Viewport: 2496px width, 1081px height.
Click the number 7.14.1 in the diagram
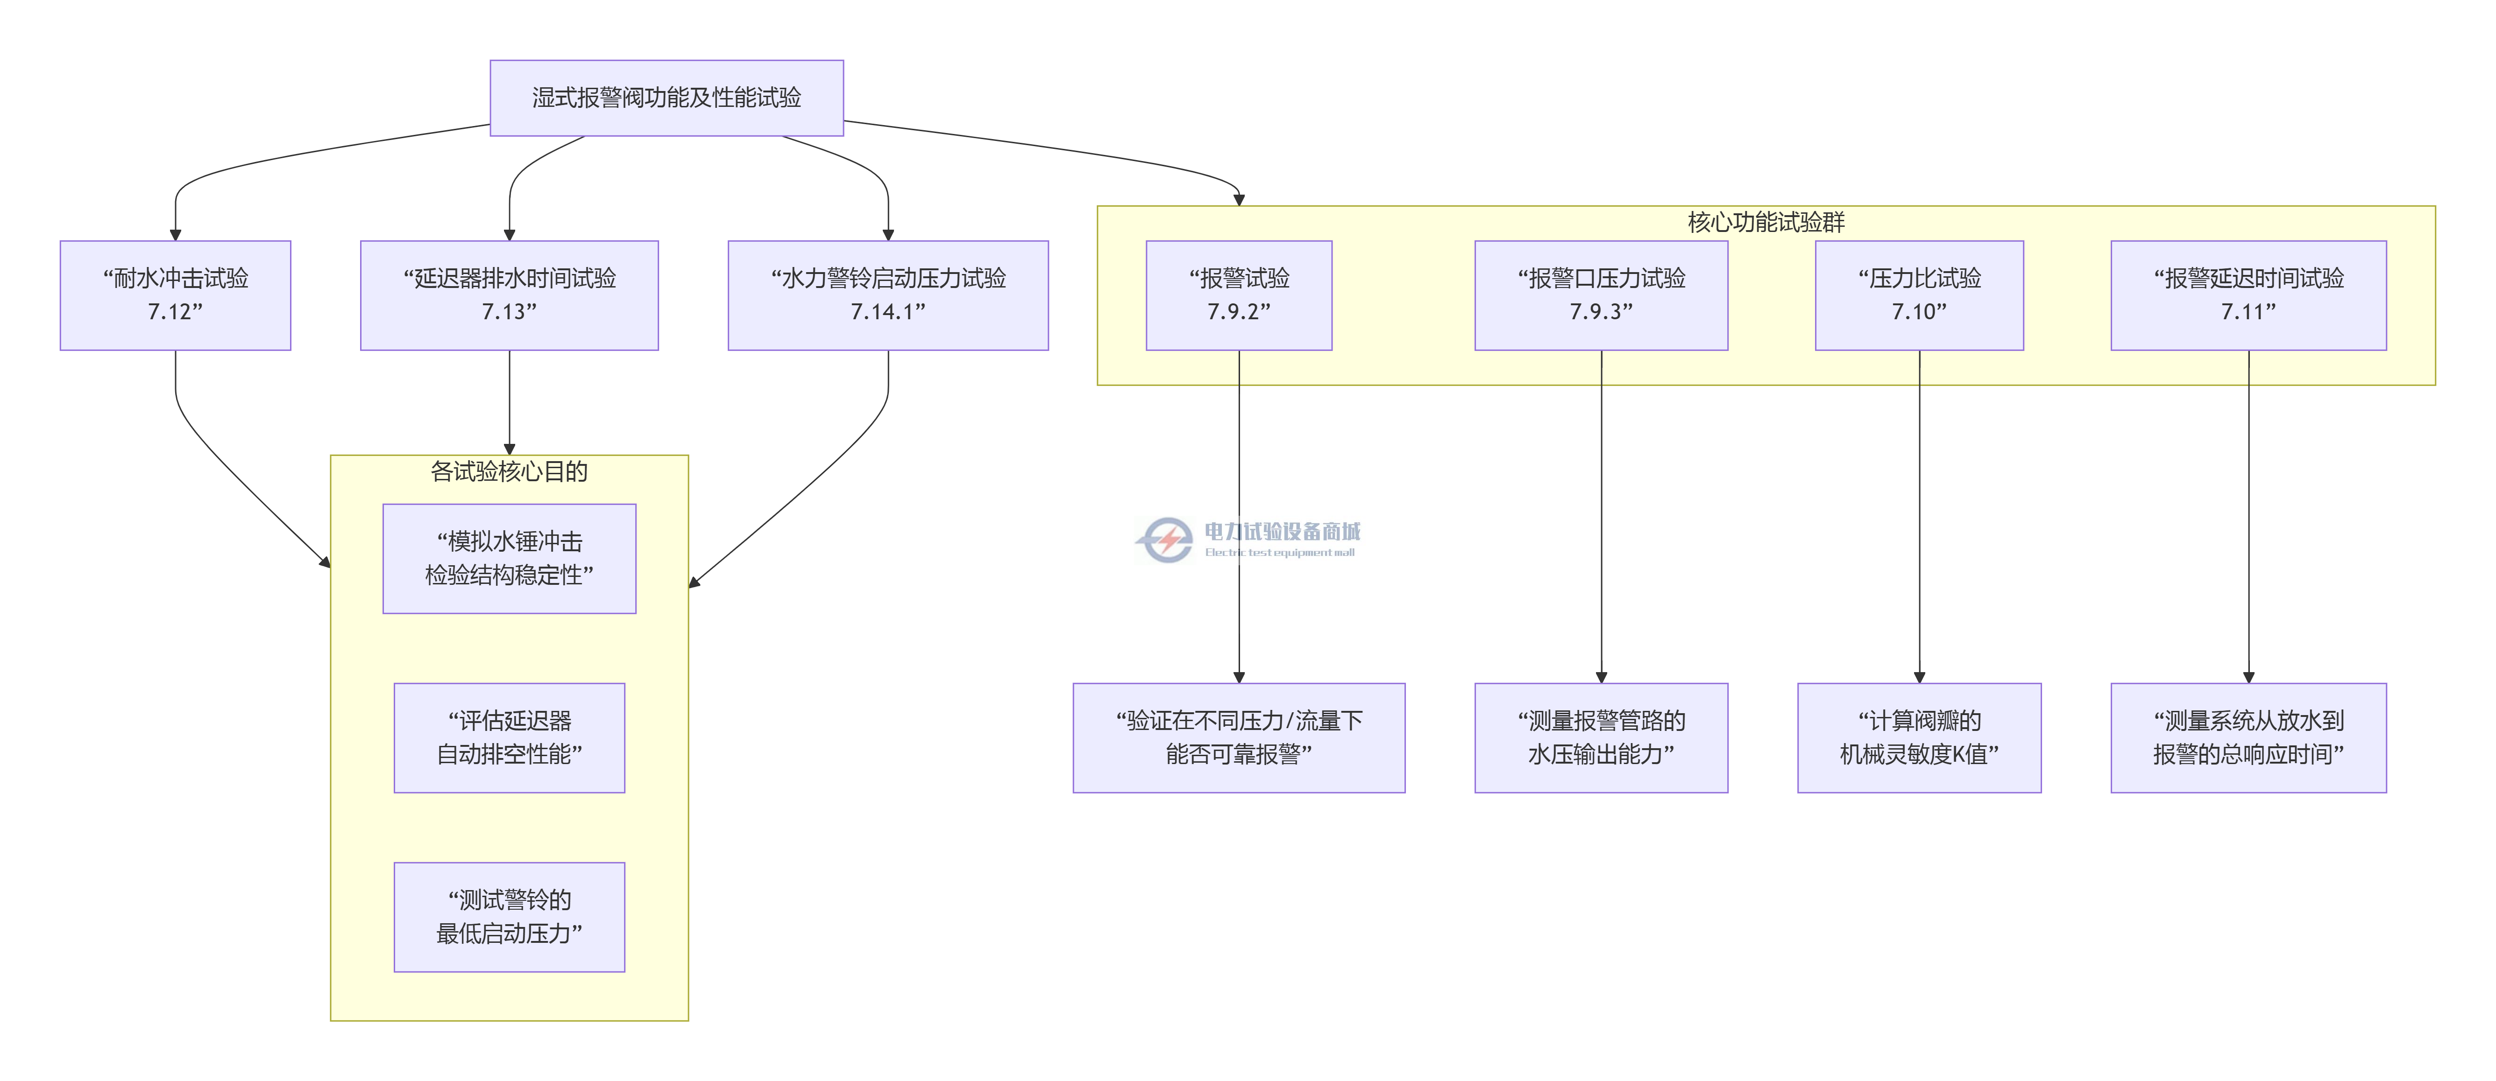[887, 312]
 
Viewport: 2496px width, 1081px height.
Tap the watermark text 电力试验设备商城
[1282, 531]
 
